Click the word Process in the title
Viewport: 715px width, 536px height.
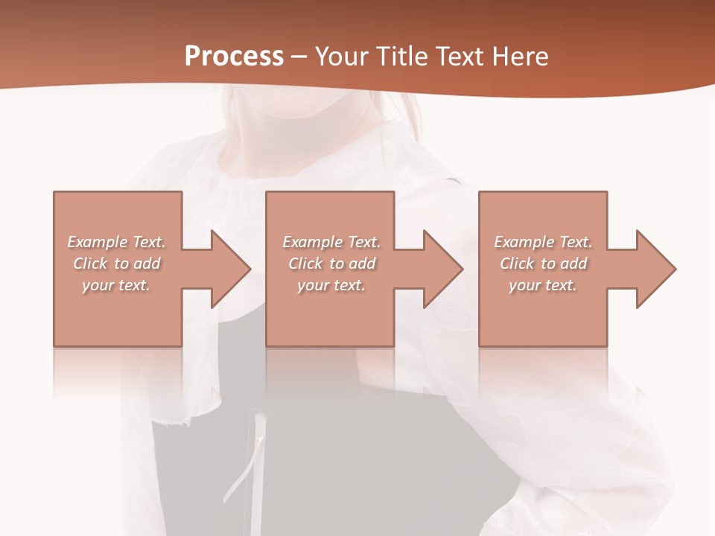234,57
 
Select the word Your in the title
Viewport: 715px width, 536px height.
344,57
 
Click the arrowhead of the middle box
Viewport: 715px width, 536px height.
442,269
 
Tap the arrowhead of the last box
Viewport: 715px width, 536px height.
655,269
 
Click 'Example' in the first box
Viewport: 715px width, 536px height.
97,242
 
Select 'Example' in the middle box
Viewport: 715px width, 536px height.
312,242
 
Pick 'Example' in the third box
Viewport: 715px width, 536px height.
524,242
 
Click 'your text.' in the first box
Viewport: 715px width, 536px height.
116,285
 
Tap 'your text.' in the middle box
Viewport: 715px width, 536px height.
331,285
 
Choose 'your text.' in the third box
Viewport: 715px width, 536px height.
542,285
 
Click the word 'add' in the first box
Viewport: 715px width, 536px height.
147,264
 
